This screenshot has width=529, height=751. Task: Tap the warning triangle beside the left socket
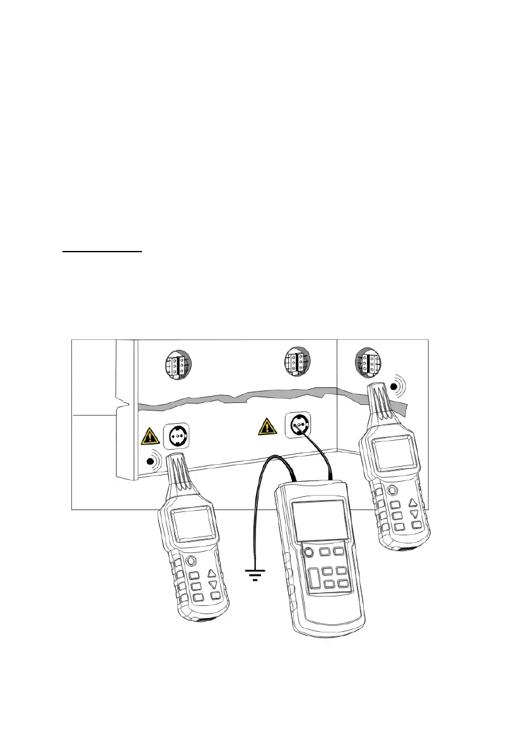149,436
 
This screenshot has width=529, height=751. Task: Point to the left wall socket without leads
177,434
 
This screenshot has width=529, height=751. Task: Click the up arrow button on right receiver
413,503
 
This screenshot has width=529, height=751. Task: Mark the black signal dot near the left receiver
151,461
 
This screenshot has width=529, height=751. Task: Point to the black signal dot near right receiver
395,386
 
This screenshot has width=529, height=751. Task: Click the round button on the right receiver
393,490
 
